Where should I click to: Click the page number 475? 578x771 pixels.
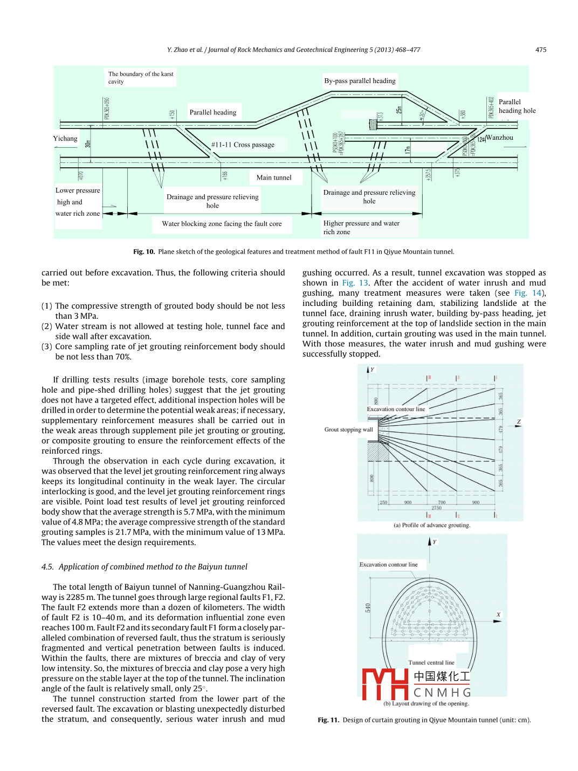point(540,50)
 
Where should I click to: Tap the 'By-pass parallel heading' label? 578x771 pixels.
point(360,81)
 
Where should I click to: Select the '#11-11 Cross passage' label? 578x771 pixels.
point(243,145)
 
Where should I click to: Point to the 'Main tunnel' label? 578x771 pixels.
point(274,178)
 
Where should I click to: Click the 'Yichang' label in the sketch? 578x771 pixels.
point(65,139)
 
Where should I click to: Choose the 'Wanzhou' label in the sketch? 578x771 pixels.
point(500,138)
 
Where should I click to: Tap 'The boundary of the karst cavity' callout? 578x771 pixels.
point(140,78)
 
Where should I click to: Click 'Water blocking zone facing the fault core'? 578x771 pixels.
point(222,224)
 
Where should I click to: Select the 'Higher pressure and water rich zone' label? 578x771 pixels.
point(361,227)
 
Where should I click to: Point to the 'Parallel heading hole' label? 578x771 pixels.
point(517,106)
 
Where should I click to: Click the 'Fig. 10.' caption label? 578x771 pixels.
point(144,252)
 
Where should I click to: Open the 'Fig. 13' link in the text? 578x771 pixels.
point(355,283)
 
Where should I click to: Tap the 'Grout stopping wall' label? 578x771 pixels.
point(348,430)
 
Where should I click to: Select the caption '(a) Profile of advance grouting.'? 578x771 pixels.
point(432,525)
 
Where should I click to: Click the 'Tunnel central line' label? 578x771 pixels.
point(431,663)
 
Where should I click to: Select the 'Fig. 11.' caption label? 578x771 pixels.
point(328,720)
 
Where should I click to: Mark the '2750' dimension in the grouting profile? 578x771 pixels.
point(436,508)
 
